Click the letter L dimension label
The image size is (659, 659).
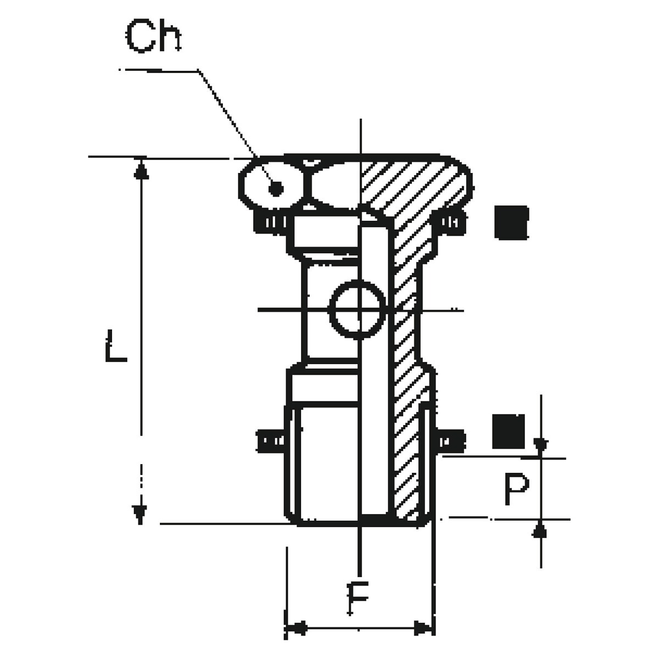[116, 344]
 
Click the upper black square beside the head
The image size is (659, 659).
[511, 222]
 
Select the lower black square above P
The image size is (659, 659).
[508, 430]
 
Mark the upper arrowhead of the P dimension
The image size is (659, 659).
[541, 446]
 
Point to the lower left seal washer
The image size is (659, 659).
[271, 440]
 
